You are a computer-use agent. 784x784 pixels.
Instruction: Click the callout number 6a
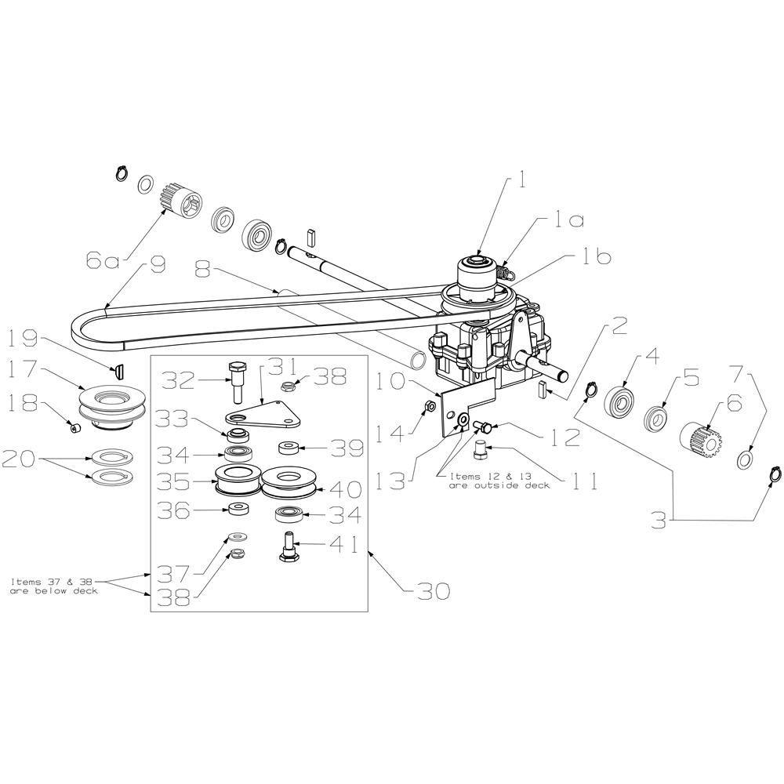(103, 262)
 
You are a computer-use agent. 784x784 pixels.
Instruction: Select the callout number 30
(433, 591)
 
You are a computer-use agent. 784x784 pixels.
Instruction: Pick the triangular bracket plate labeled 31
(263, 413)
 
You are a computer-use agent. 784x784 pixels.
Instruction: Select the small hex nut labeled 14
(430, 405)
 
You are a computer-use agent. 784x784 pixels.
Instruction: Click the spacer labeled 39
(289, 447)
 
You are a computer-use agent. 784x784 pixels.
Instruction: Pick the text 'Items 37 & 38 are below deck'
(54, 586)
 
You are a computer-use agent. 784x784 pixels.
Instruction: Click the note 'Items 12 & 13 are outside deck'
(499, 481)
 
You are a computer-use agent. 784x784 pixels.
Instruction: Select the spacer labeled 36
(238, 510)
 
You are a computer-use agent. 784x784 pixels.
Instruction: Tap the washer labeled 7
(746, 459)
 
